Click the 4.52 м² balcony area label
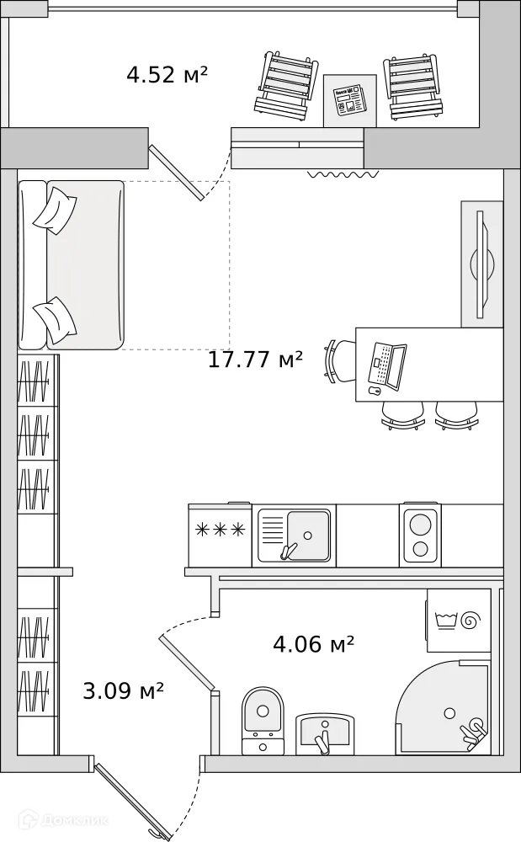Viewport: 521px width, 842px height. tap(167, 74)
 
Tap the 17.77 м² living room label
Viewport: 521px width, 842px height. tap(255, 360)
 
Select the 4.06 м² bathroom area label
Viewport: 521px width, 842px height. tap(313, 642)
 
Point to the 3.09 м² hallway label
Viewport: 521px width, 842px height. tap(124, 690)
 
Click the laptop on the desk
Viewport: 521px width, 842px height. tap(387, 365)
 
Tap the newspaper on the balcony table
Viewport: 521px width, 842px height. tap(348, 100)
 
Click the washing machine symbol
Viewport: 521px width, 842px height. tap(459, 621)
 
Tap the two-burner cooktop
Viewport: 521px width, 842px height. tap(421, 535)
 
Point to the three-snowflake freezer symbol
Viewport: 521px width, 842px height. tap(220, 530)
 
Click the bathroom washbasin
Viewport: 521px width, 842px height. tap(325, 734)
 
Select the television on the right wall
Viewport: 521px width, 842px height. tap(481, 264)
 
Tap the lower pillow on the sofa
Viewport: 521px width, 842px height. tap(55, 321)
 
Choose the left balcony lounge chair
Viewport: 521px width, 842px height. tap(284, 84)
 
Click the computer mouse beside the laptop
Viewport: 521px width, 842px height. tap(375, 391)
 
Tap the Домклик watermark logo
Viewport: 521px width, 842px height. tap(63, 820)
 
